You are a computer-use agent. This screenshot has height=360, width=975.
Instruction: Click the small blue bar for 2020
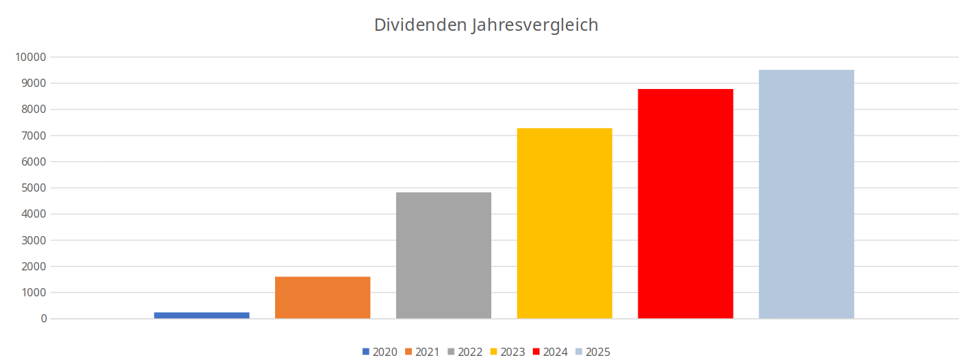click(201, 315)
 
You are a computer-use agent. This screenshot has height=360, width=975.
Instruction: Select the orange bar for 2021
click(322, 298)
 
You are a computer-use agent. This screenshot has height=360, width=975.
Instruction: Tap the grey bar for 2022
click(443, 255)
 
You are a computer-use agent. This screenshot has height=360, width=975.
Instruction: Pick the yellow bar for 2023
click(564, 223)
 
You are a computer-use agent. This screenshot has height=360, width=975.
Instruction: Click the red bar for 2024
click(686, 204)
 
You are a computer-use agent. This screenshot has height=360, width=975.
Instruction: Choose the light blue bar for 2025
click(806, 194)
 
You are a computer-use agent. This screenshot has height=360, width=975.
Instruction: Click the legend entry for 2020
click(380, 352)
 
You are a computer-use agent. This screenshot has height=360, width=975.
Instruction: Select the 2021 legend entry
click(422, 352)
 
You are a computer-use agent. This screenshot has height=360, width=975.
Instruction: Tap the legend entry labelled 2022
click(465, 352)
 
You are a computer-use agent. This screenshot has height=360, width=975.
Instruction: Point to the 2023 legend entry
click(507, 352)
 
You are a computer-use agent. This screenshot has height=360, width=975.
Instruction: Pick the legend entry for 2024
click(550, 352)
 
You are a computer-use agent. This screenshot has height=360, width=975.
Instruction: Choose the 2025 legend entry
click(593, 352)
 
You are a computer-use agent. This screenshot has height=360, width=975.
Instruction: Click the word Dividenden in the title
click(420, 25)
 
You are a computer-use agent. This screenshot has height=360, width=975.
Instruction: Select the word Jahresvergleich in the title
click(534, 25)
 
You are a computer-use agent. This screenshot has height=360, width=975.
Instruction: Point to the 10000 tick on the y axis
click(30, 57)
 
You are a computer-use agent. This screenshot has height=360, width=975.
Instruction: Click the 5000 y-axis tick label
click(33, 188)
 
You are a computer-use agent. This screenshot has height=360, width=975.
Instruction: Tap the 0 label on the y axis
click(44, 319)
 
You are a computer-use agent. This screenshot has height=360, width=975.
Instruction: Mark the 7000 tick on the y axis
click(33, 136)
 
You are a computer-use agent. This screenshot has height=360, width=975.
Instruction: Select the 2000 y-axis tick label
click(33, 267)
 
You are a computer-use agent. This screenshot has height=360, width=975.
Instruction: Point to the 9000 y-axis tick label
click(33, 83)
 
